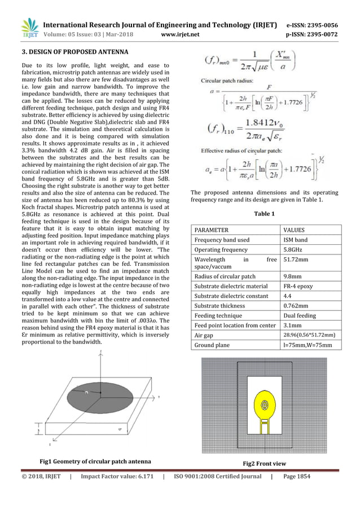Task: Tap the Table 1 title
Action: tap(264, 214)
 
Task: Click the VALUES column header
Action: tap(294, 230)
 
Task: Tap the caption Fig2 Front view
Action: tap(264, 463)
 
